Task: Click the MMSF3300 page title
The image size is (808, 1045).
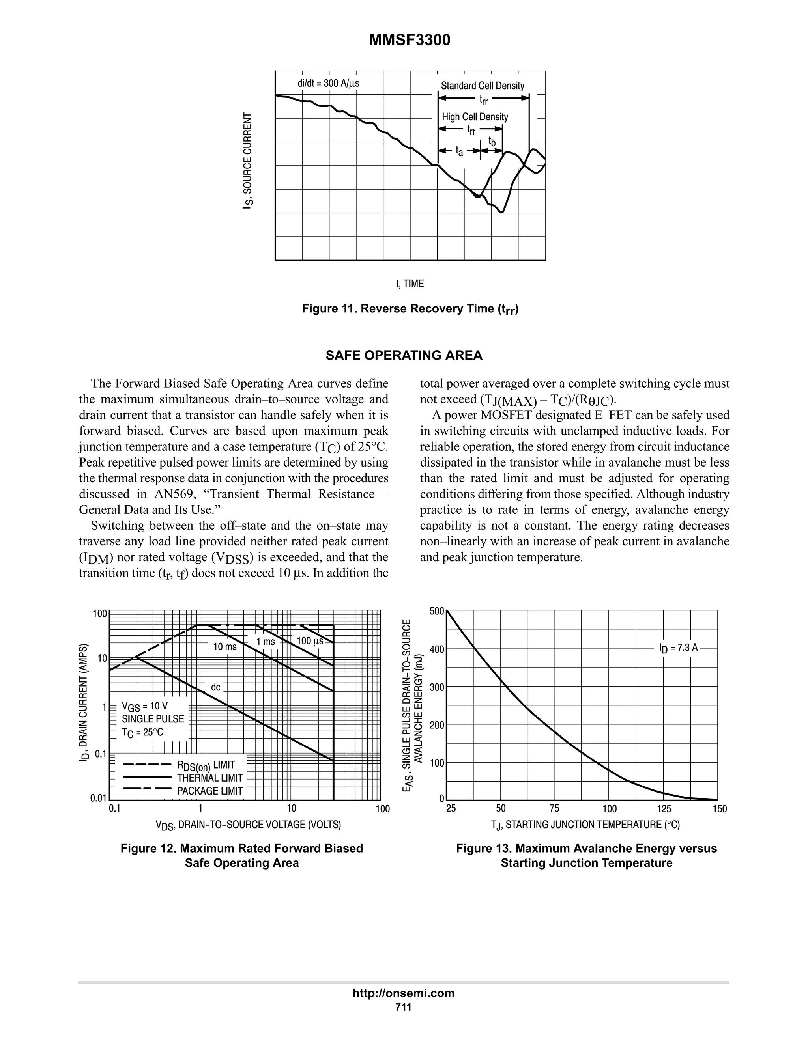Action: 409,41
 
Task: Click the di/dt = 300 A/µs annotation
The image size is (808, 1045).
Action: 328,83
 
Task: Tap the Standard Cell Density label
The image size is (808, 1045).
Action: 482,86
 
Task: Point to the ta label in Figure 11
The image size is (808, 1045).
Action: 459,152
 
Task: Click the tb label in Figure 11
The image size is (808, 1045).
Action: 492,141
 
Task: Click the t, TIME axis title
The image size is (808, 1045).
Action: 410,284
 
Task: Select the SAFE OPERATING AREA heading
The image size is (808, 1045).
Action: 404,356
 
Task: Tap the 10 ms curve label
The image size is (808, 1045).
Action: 224,647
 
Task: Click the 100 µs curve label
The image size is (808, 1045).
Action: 310,641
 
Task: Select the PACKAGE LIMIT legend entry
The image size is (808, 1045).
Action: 209,791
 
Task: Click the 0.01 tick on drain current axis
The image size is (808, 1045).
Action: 99,798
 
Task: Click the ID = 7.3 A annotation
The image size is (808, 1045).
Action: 678,648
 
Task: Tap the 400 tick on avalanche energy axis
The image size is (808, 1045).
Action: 437,649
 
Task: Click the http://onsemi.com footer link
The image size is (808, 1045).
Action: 403,993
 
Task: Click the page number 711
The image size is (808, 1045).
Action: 403,1007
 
